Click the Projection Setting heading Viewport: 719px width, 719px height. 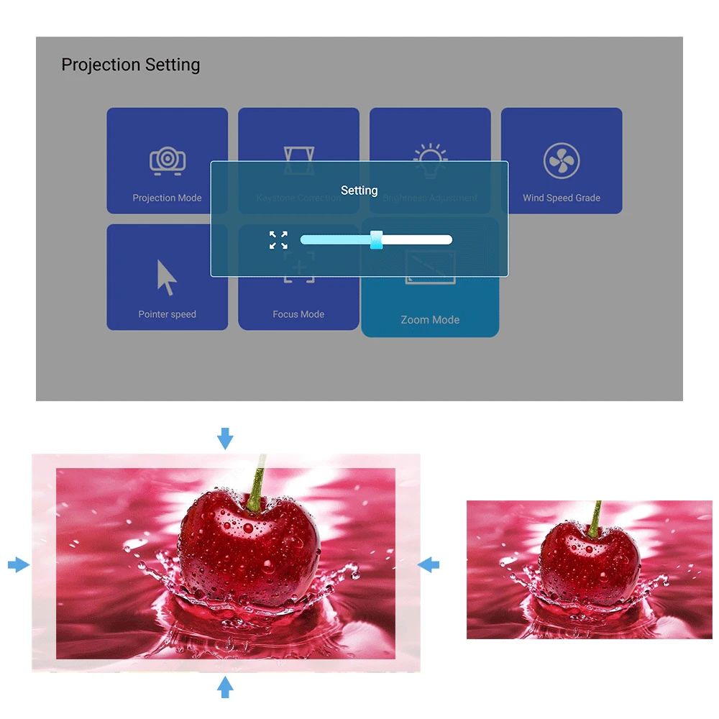[130, 65]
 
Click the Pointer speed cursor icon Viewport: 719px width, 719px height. [167, 278]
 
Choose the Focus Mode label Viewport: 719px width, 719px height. [298, 314]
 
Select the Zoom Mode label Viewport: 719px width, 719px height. [430, 320]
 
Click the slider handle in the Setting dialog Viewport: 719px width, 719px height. [376, 240]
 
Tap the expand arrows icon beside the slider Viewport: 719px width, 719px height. [278, 240]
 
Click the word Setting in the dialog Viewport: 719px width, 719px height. [359, 191]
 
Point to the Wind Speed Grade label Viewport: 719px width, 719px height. [562, 198]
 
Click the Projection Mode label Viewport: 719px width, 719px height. [167, 198]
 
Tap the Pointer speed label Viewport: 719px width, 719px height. [167, 314]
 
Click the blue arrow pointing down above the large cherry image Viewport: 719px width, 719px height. [226, 438]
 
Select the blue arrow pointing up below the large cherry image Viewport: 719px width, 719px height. [226, 687]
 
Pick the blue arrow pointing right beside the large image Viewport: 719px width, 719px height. [19, 565]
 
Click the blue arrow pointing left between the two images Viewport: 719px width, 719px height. [429, 564]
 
